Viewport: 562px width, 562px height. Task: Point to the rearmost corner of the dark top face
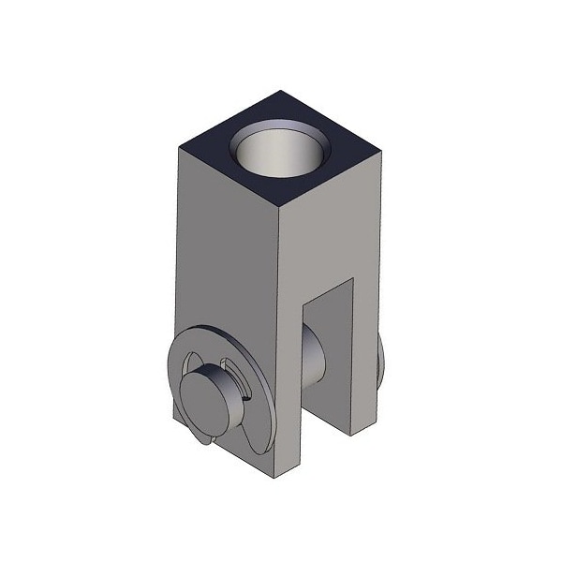[x=282, y=90]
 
